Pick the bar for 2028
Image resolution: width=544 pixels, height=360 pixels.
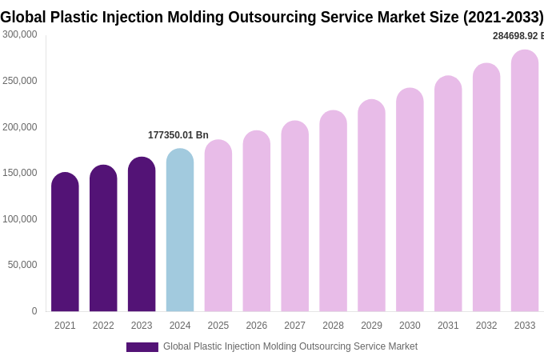333,211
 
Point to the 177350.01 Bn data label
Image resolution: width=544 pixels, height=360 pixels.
178,135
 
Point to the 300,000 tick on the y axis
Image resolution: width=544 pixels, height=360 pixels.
20,34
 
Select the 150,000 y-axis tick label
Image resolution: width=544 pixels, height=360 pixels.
20,173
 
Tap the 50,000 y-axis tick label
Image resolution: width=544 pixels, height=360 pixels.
22,265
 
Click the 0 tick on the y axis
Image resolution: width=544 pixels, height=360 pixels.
34,311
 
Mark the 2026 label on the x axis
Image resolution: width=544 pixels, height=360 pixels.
257,326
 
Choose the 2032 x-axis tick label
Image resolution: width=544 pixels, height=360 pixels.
486,326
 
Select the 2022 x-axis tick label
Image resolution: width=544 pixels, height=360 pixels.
103,326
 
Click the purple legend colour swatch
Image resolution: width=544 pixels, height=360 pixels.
142,347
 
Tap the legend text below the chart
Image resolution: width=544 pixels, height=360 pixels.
290,346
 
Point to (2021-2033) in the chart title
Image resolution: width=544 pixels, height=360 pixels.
503,17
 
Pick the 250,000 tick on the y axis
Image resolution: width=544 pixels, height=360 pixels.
20,81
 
